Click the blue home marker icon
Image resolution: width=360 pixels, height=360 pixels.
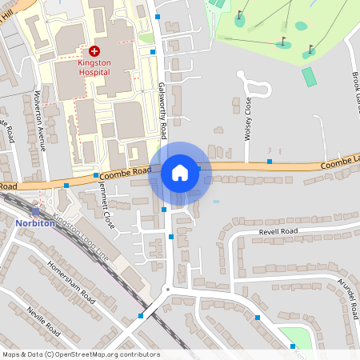point(180,172)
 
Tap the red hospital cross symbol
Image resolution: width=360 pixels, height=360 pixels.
point(94,50)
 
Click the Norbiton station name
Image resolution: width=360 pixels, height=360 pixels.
point(35,223)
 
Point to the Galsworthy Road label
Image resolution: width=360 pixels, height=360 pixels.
point(162,108)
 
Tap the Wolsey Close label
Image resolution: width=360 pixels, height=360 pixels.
point(247,118)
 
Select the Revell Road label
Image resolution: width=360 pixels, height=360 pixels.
point(278,231)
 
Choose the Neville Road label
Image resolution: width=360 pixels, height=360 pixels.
point(43,321)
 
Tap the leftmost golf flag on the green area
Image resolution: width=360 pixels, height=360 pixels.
point(239,14)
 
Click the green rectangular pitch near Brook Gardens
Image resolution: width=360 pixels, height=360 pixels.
point(310,77)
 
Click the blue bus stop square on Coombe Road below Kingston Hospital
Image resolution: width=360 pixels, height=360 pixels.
point(96,175)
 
